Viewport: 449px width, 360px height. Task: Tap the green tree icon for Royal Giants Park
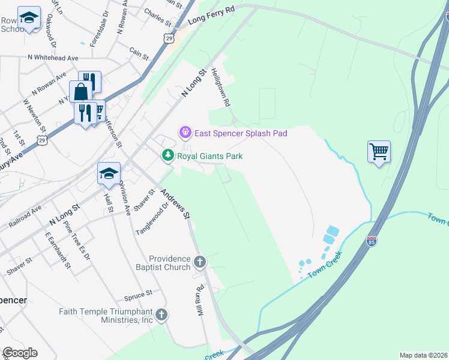point(169,156)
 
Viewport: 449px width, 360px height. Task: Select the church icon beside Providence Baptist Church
point(200,262)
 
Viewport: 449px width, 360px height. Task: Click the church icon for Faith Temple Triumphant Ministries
point(161,314)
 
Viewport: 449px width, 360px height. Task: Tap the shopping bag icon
point(80,91)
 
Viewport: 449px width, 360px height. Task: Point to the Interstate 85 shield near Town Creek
point(372,241)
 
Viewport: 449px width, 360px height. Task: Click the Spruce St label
point(139,295)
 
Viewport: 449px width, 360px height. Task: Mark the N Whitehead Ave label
point(53,58)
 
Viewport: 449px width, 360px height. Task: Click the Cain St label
point(139,53)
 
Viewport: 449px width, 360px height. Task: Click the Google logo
point(20,352)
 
